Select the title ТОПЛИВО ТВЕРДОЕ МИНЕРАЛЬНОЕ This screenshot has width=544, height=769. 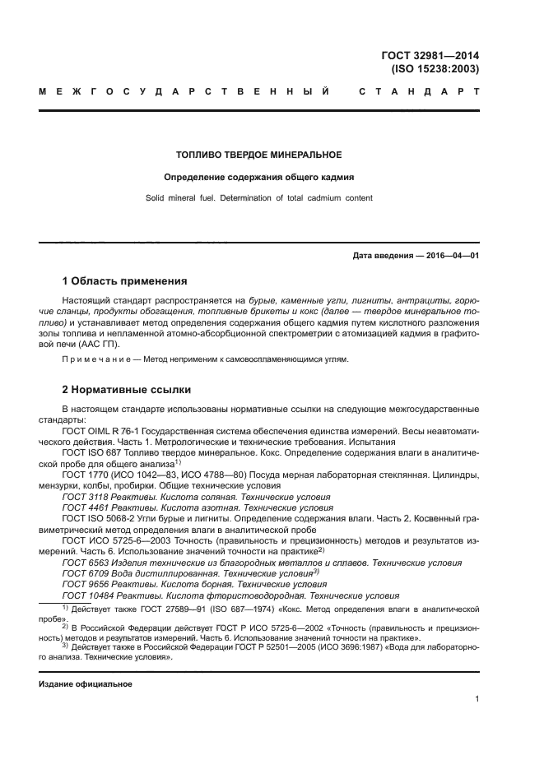(259, 155)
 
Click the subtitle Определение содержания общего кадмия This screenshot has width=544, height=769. (259, 177)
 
